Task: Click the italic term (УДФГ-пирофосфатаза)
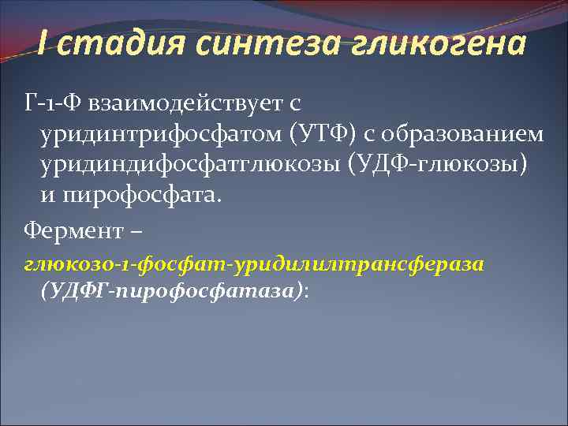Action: point(170,290)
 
